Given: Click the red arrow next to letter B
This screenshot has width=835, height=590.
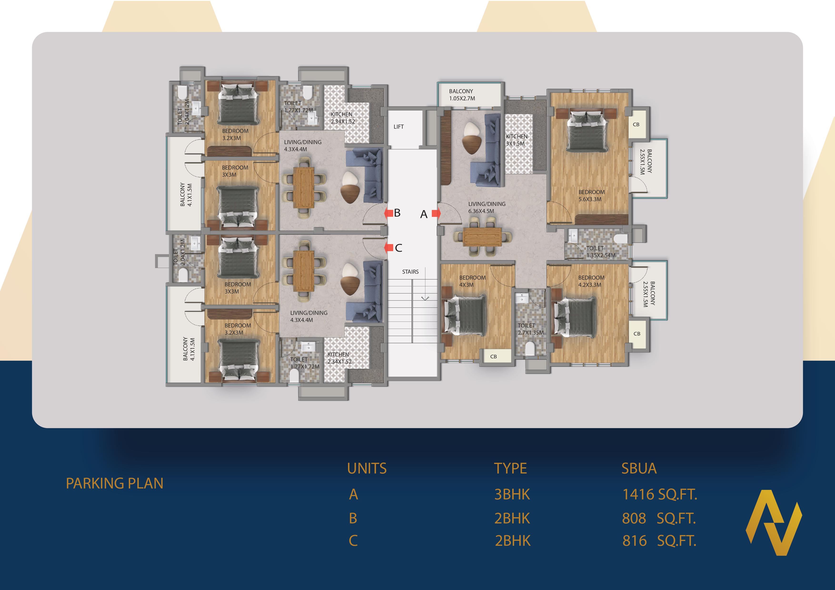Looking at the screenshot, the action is pyautogui.click(x=388, y=213).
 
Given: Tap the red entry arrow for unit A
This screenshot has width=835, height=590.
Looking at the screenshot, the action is pyautogui.click(x=436, y=214).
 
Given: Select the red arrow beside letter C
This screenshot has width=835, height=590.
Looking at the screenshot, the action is pyautogui.click(x=389, y=248).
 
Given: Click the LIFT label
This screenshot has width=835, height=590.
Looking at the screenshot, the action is pyautogui.click(x=399, y=127).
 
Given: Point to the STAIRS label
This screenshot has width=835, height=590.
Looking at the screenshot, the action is pyautogui.click(x=410, y=272).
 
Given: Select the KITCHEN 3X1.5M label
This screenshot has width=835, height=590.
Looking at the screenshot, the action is pyautogui.click(x=517, y=140).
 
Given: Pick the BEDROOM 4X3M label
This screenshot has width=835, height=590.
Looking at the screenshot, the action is pyautogui.click(x=472, y=281).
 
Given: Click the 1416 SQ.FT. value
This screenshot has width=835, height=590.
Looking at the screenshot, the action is pyautogui.click(x=660, y=494).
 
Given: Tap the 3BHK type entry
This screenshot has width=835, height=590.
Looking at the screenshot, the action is pyautogui.click(x=512, y=494).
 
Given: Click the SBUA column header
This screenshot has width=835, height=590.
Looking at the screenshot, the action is pyautogui.click(x=639, y=468).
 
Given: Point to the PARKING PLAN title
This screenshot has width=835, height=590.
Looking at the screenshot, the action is pyautogui.click(x=114, y=483).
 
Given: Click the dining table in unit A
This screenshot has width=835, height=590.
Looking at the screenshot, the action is pyautogui.click(x=482, y=237).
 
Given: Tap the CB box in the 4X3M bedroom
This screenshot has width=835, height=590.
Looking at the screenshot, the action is pyautogui.click(x=493, y=356).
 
